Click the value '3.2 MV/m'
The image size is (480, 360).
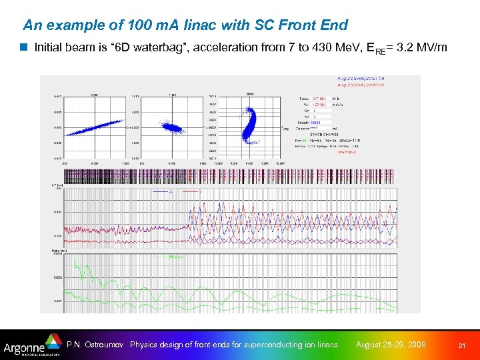tap(425, 47)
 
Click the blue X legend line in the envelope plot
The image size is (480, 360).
tap(164, 192)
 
